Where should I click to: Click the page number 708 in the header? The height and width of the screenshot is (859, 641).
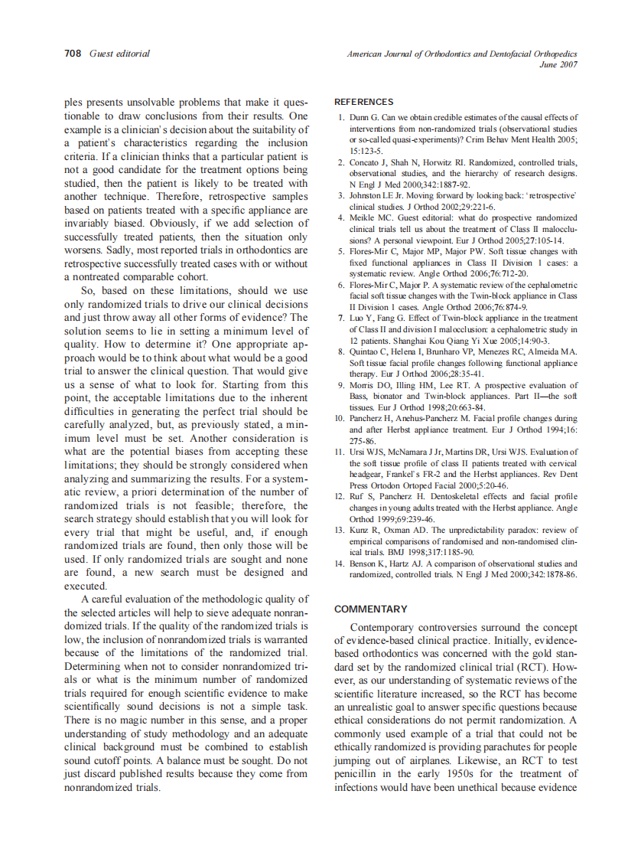pyautogui.click(x=73, y=54)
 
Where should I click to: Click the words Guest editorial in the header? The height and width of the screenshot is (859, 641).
pyautogui.click(x=119, y=54)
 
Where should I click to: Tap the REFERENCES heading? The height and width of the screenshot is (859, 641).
pyautogui.click(x=364, y=102)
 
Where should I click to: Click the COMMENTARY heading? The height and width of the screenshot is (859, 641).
pyautogui.click(x=371, y=609)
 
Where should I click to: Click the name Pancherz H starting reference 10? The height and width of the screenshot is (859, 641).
pyautogui.click(x=373, y=419)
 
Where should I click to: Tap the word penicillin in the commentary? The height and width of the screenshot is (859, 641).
pyautogui.click(x=361, y=773)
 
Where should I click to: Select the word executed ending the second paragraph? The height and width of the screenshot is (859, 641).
pyautogui.click(x=86, y=586)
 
